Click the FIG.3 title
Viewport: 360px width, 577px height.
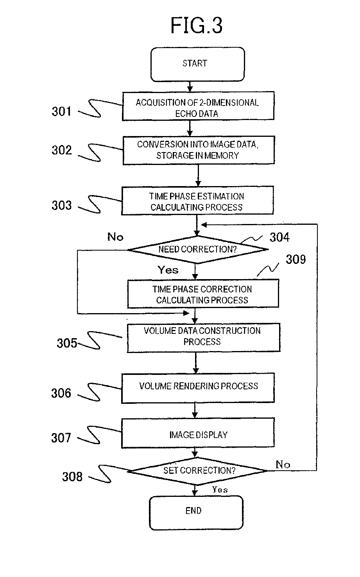click(x=197, y=25)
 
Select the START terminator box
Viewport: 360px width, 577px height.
click(x=197, y=65)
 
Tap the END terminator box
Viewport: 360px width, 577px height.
click(x=196, y=513)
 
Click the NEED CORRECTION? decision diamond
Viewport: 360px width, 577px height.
click(x=198, y=249)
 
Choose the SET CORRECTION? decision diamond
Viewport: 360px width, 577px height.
click(x=198, y=471)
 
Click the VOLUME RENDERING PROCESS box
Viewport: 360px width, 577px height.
click(x=198, y=388)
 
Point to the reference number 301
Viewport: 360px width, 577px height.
click(x=61, y=111)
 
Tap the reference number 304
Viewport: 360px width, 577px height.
click(x=279, y=237)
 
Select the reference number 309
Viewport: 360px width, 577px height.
click(x=296, y=260)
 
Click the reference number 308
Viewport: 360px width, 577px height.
click(x=72, y=477)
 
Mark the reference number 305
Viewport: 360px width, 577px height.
click(x=67, y=343)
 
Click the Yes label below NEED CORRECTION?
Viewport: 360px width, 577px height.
click(x=168, y=270)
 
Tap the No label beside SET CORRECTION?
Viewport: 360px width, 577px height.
click(x=283, y=464)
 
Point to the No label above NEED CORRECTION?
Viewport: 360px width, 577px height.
click(x=115, y=237)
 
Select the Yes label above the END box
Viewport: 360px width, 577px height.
click(x=220, y=489)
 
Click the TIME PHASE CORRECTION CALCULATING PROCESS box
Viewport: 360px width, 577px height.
click(x=203, y=294)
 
